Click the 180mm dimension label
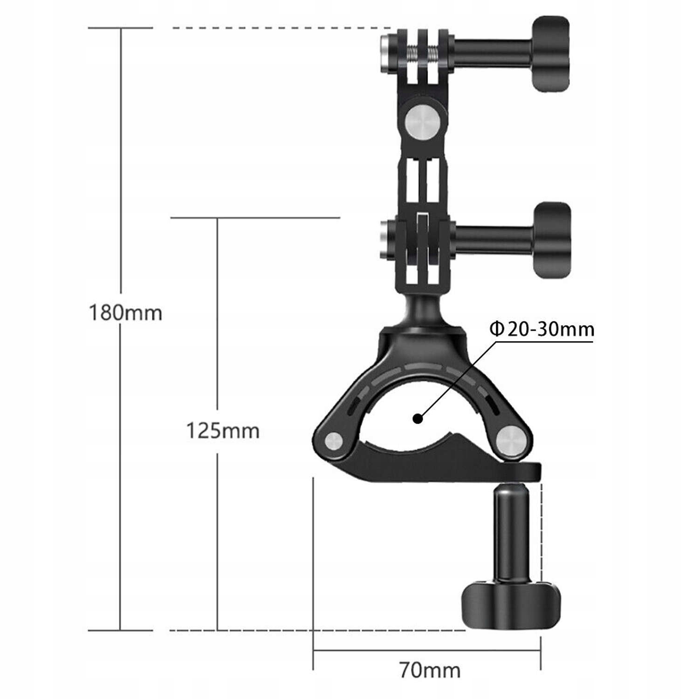(x=125, y=313)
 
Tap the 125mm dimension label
(x=223, y=431)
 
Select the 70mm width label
(x=430, y=670)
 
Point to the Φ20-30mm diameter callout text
(x=541, y=329)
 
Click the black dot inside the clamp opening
(x=418, y=419)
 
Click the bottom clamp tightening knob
(x=510, y=604)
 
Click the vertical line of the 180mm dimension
(x=121, y=186)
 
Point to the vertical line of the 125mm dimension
(x=217, y=326)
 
